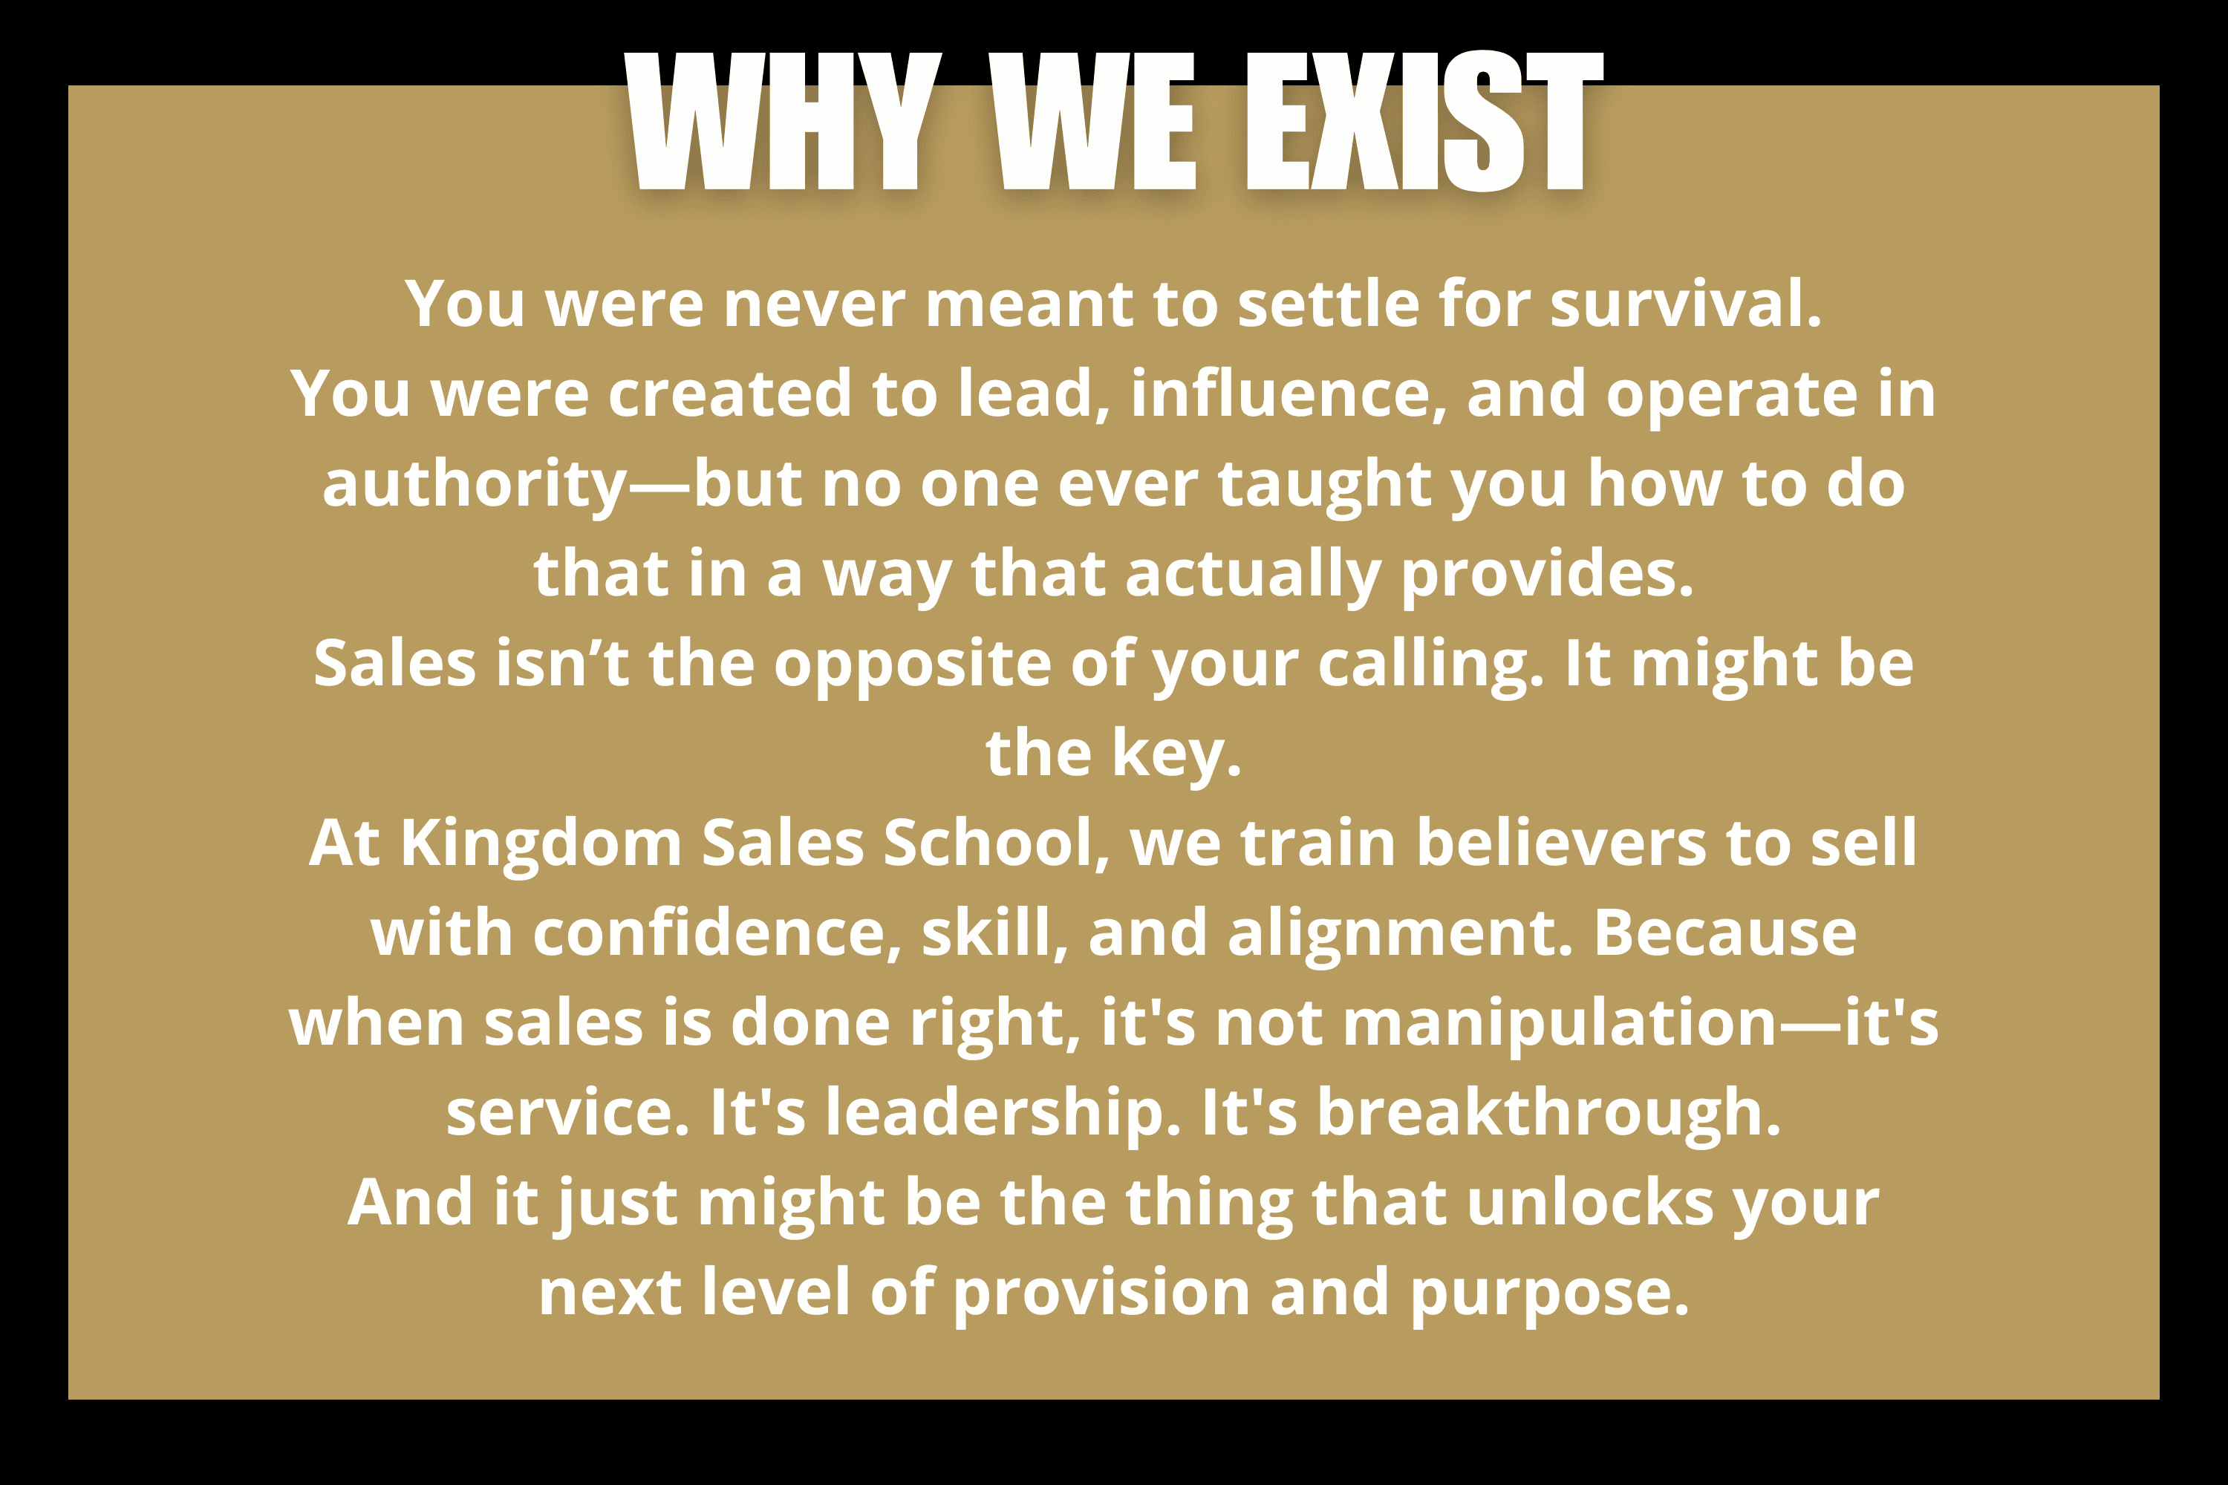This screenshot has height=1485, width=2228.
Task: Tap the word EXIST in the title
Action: click(1424, 120)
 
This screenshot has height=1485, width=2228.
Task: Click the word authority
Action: click(475, 485)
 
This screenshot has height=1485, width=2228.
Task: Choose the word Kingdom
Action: click(541, 843)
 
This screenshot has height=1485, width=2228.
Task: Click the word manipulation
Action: click(1559, 1023)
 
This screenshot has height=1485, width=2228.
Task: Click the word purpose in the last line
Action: click(1550, 1293)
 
